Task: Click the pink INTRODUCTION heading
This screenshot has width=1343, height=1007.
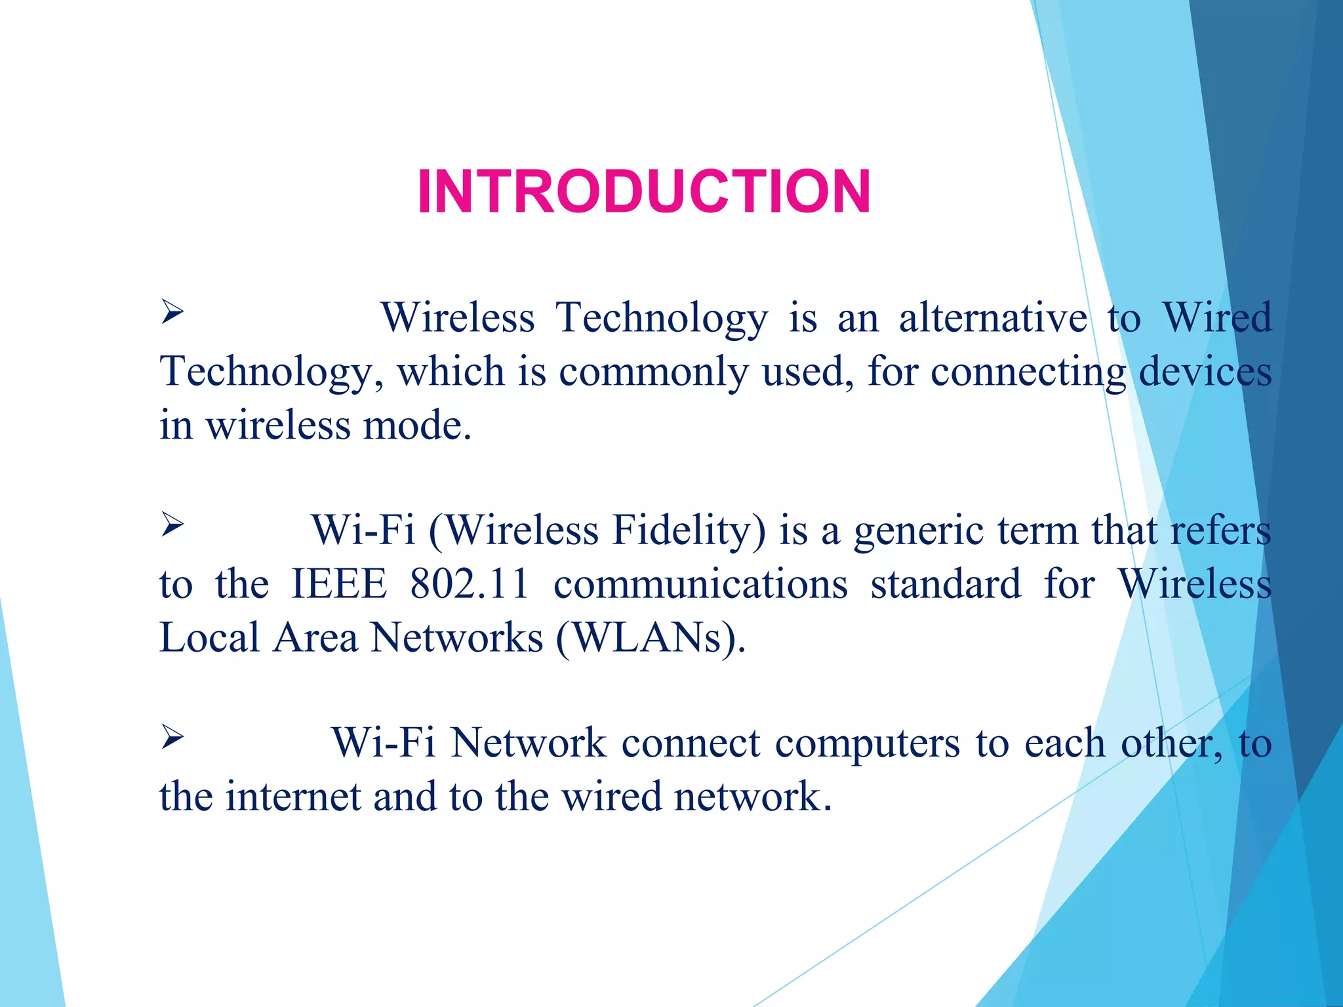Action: (x=644, y=191)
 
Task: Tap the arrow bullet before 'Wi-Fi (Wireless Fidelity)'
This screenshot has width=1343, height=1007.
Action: (x=172, y=524)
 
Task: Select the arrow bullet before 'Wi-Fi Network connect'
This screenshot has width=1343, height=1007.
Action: (x=172, y=738)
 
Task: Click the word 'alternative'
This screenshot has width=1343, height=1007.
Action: (x=993, y=318)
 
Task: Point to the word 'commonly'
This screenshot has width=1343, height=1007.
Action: (x=653, y=372)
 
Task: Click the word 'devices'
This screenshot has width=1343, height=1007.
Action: (x=1205, y=372)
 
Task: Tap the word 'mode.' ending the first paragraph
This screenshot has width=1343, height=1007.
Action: (x=418, y=426)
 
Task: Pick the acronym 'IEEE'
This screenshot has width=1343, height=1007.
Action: (x=338, y=584)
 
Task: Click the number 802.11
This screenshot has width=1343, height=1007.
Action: (x=469, y=584)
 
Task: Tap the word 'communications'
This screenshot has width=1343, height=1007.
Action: (x=700, y=584)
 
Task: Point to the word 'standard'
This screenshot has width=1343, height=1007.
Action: (x=946, y=584)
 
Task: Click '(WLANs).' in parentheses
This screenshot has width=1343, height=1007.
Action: (x=651, y=638)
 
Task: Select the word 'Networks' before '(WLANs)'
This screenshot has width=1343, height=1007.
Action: (x=457, y=638)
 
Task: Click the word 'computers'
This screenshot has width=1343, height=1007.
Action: (x=867, y=745)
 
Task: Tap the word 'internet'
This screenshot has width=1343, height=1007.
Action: (x=293, y=797)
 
